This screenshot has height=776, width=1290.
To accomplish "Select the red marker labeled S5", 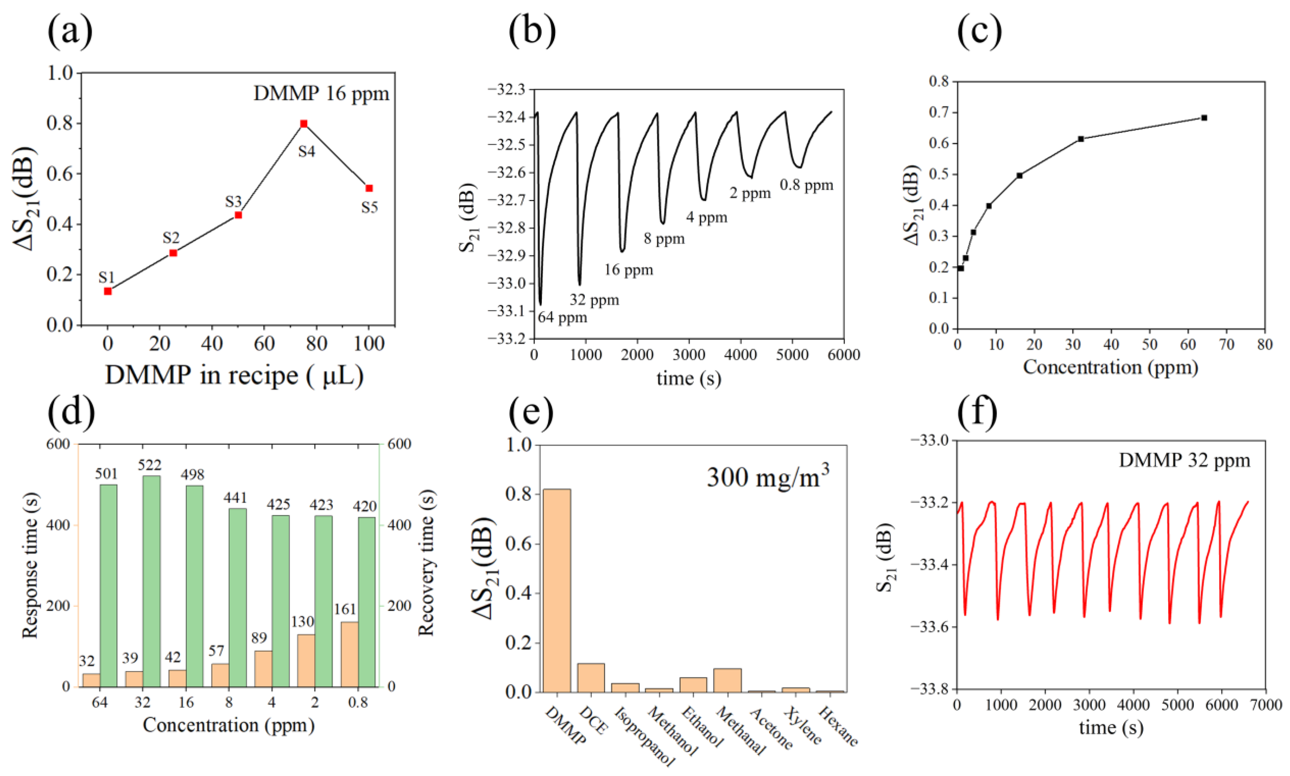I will pos(369,188).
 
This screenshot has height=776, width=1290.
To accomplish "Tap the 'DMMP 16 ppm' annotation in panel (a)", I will pos(321,94).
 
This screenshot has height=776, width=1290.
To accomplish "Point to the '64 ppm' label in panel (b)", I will pos(563,318).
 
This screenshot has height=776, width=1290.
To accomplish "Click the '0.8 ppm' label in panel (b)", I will pos(806,185).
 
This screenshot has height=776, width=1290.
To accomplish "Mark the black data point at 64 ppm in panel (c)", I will pos(1204,118).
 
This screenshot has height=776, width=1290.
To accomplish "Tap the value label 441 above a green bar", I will pos(235,497).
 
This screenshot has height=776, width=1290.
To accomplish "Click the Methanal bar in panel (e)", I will pos(727,680).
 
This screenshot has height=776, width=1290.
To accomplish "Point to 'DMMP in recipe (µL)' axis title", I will pos(234,376).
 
